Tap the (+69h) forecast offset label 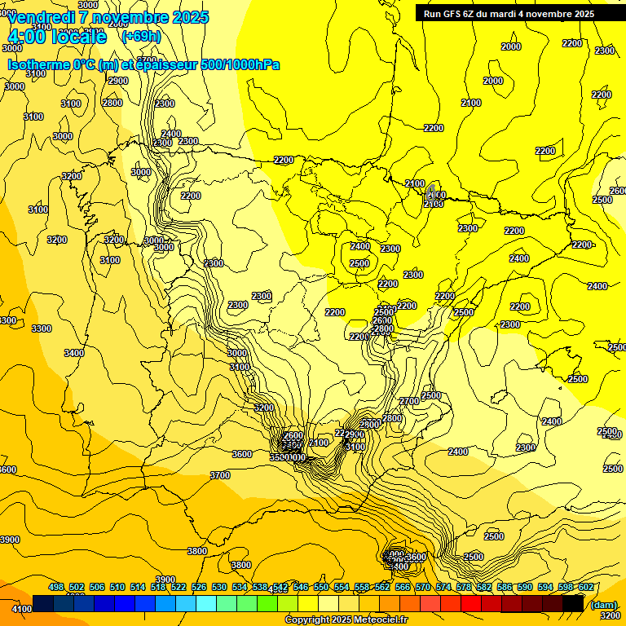(x=141, y=36)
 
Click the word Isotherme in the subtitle (x=39, y=64)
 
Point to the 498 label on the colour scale (x=56, y=587)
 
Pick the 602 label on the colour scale (x=586, y=587)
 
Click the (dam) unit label (x=603, y=604)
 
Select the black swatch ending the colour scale (x=573, y=603)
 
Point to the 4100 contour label (x=22, y=609)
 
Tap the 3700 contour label (x=220, y=475)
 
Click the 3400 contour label (x=74, y=353)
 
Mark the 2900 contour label (x=118, y=81)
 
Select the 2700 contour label (x=409, y=401)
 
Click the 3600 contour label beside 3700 (x=242, y=454)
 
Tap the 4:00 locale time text (x=57, y=37)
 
